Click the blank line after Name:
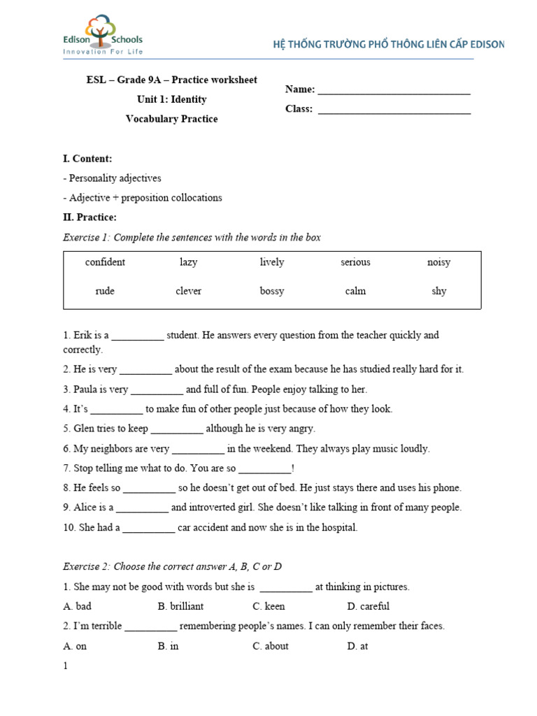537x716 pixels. click(394, 91)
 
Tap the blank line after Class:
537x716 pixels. click(394, 110)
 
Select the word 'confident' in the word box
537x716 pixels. click(105, 262)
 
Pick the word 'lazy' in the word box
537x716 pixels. click(188, 262)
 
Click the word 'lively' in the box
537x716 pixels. click(272, 262)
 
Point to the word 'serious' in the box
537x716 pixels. click(355, 262)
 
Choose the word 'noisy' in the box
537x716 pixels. click(438, 262)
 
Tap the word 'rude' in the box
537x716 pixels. click(105, 291)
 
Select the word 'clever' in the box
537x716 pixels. click(188, 291)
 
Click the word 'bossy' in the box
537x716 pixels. click(272, 291)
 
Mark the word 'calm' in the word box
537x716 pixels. click(355, 291)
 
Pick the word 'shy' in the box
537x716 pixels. click(438, 291)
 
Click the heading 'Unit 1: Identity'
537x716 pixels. click(171, 99)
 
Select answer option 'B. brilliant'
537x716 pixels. click(180, 606)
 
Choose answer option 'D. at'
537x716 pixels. click(357, 646)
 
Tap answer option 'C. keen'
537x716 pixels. click(268, 606)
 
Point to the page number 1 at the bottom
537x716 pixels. click(66, 666)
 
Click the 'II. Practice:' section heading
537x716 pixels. click(89, 217)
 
